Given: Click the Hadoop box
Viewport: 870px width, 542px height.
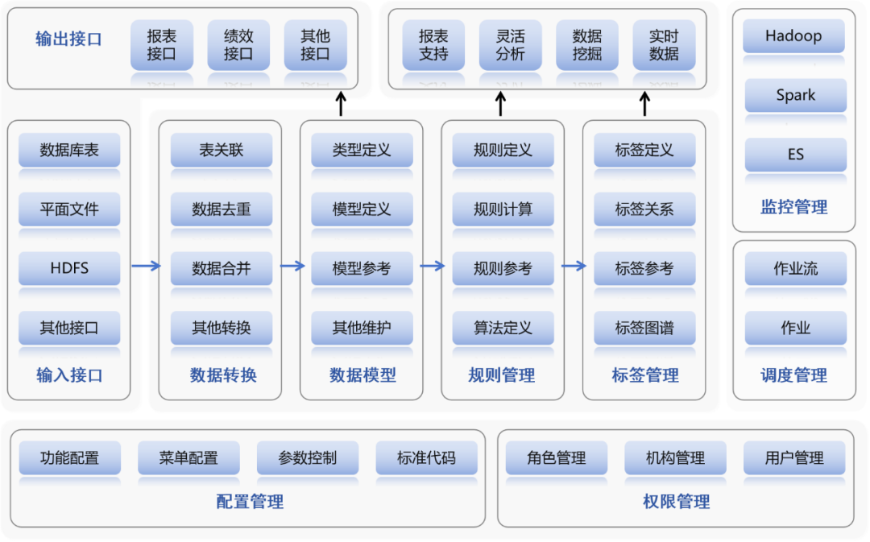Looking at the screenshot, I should pyautogui.click(x=793, y=36).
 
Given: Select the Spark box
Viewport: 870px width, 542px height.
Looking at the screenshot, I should pyautogui.click(x=795, y=95).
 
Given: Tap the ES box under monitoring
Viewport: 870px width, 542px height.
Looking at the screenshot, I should pyautogui.click(x=795, y=154).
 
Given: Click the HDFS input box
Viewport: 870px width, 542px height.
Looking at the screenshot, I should pyautogui.click(x=69, y=268).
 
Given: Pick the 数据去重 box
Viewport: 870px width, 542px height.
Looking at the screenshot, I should pyautogui.click(x=222, y=209).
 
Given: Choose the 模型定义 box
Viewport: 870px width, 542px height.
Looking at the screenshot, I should pyautogui.click(x=362, y=209).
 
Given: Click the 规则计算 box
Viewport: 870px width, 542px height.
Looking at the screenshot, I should pyautogui.click(x=503, y=209).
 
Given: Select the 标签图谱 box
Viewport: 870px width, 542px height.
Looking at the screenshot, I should pyautogui.click(x=644, y=328).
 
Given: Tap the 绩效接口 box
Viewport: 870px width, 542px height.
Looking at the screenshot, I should pyautogui.click(x=238, y=45).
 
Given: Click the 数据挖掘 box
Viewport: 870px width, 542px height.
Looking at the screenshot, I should pyautogui.click(x=587, y=45).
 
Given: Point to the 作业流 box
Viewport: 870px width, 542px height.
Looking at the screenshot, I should pyautogui.click(x=795, y=269).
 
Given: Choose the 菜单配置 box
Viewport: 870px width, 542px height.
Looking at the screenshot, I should pyautogui.click(x=188, y=458).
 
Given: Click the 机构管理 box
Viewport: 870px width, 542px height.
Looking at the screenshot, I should pyautogui.click(x=675, y=458).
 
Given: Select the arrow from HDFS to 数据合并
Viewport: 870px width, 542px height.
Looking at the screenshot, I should pyautogui.click(x=146, y=267).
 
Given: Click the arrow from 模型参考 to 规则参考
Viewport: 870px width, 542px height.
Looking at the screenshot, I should pyautogui.click(x=433, y=267).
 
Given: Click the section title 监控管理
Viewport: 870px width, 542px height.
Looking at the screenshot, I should pyautogui.click(x=794, y=208).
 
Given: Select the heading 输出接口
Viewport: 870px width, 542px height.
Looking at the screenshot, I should pyautogui.click(x=68, y=39).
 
